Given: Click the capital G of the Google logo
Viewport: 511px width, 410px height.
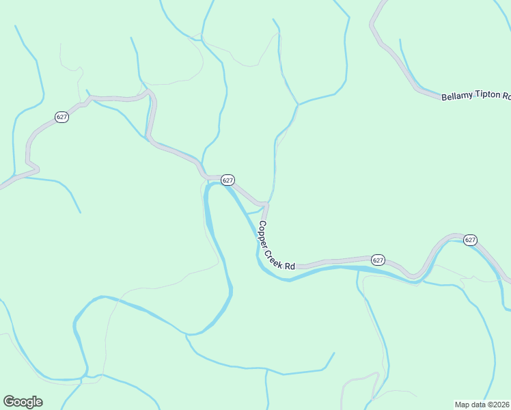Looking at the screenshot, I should pos(8,402).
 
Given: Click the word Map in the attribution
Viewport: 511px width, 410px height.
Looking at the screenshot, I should pos(463,405).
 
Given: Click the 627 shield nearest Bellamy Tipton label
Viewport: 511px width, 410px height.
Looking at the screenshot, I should pos(470,240).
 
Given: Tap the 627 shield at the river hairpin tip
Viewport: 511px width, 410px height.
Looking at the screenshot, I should pos(228,180).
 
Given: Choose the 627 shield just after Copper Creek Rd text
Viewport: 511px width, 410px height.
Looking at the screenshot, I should pos(378,260).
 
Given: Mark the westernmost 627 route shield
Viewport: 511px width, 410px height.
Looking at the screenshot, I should pos(61,117).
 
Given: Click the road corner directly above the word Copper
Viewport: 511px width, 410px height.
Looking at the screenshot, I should pos(265,204).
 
